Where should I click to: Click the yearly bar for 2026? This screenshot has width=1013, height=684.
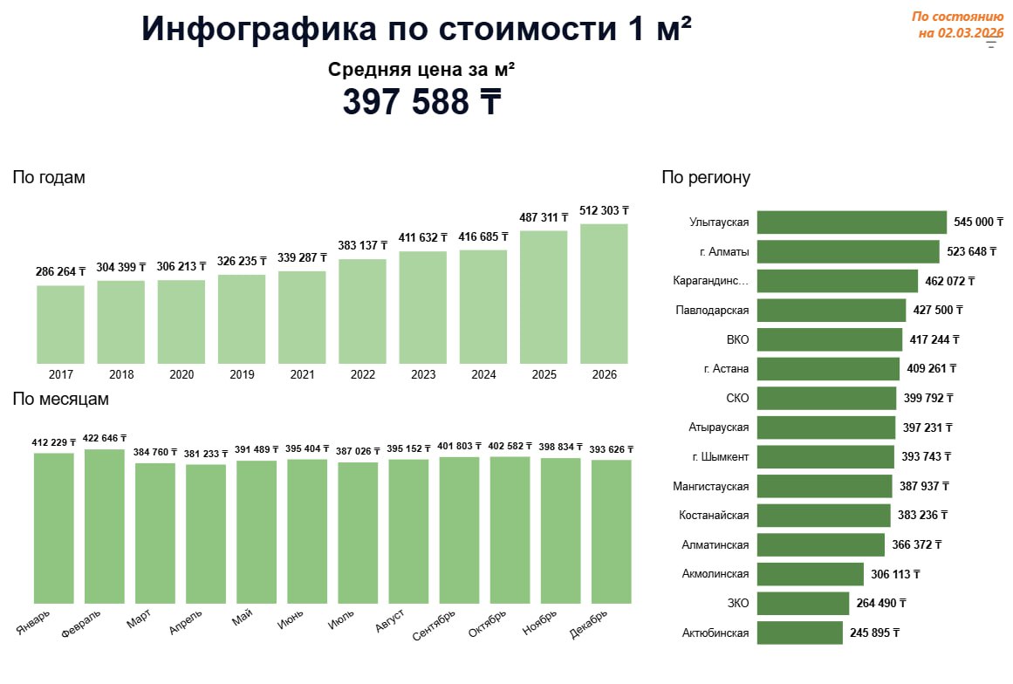604,293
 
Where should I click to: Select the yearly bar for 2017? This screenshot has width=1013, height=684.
60,324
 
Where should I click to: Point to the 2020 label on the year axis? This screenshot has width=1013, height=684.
181,375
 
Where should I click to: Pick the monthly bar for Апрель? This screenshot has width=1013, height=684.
205,533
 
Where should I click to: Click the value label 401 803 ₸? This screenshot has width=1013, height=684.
459,447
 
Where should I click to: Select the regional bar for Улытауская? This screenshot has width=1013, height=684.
851,222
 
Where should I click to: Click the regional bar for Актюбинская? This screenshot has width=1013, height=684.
799,633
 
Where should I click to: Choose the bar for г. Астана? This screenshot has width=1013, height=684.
827,369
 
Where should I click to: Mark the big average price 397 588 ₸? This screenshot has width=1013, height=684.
421,102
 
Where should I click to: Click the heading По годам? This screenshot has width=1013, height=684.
49,178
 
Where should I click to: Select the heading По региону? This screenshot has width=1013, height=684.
706,179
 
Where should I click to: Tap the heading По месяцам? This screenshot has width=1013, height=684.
60,400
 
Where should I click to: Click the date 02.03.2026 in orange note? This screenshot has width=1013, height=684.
970,33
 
